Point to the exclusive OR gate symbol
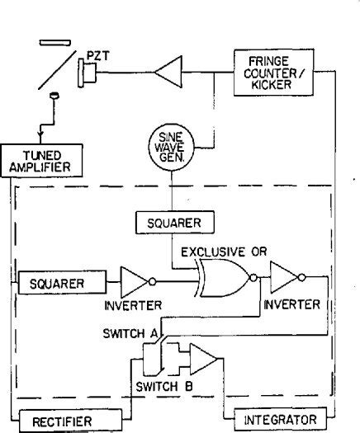[x=221, y=282]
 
